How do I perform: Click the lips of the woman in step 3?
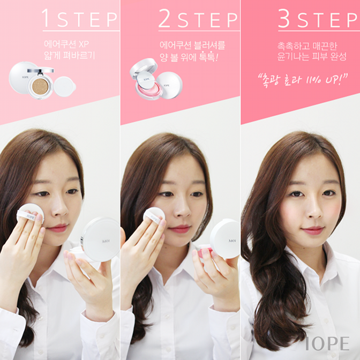(x=313, y=230)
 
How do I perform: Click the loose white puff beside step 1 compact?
(x=65, y=86)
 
